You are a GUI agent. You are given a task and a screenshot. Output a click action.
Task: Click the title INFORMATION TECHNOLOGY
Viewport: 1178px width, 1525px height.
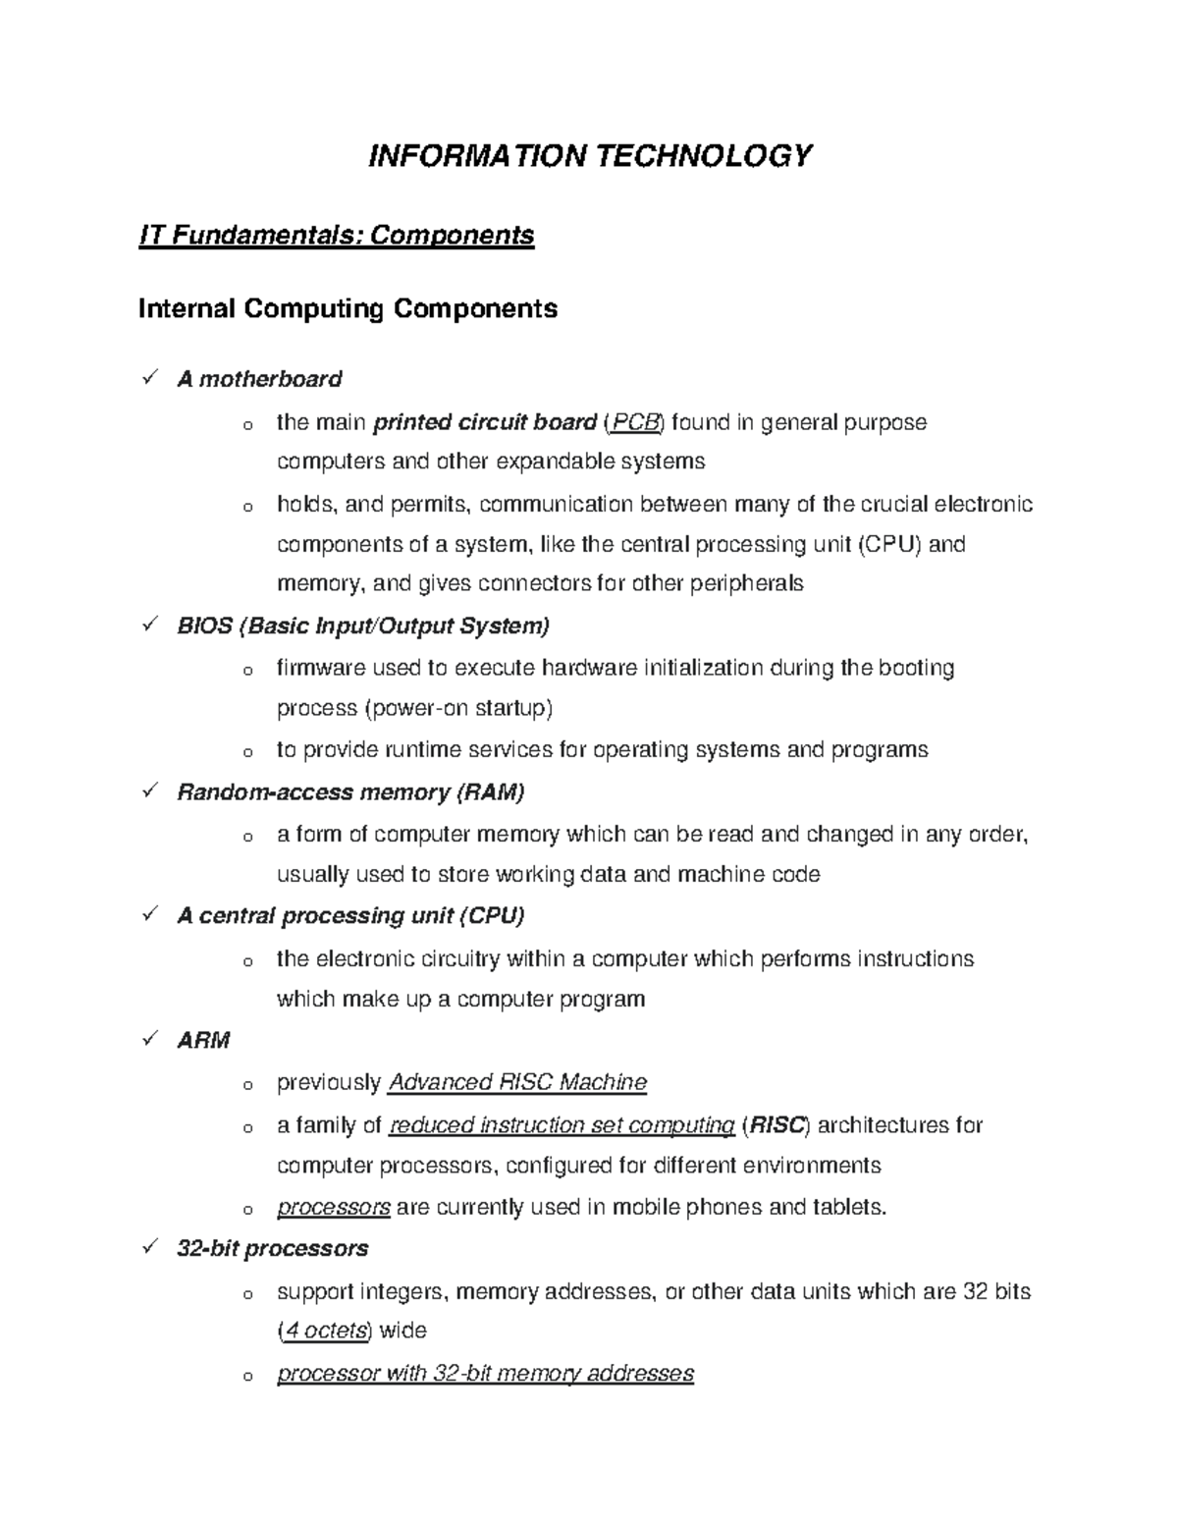(x=589, y=156)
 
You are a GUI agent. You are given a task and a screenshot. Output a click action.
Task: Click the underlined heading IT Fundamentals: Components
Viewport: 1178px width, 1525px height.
(x=337, y=236)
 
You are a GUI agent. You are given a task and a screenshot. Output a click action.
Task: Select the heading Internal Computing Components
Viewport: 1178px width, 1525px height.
(x=348, y=309)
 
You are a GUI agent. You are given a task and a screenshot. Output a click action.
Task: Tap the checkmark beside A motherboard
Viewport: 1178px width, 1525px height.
(x=150, y=378)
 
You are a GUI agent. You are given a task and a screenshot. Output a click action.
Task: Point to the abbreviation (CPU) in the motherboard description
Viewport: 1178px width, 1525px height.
(x=889, y=544)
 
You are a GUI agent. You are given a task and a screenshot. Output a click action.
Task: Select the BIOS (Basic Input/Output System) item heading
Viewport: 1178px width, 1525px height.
(x=363, y=626)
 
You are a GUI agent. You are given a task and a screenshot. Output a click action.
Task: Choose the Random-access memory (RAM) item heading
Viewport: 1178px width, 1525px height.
(x=350, y=791)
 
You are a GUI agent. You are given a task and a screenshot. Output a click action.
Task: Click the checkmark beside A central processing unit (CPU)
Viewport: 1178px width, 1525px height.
(x=150, y=914)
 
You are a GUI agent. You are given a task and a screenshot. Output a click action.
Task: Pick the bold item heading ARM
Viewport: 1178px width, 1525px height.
(x=203, y=1040)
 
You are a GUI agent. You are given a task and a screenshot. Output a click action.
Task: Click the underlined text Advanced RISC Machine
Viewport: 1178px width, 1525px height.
(x=518, y=1083)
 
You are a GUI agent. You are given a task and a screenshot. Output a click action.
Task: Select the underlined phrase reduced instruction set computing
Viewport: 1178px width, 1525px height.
(x=562, y=1125)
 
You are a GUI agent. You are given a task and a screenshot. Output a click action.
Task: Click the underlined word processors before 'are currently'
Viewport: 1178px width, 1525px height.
(x=334, y=1208)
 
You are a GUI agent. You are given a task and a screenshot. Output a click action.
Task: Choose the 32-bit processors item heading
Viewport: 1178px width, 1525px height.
(x=272, y=1249)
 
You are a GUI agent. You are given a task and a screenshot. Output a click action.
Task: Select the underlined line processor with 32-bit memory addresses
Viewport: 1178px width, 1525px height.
(x=485, y=1374)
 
